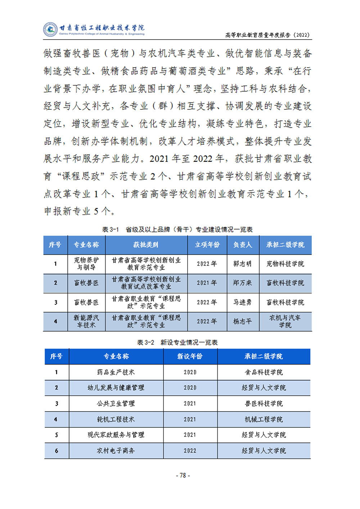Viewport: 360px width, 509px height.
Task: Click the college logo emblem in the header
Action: pos(50,29)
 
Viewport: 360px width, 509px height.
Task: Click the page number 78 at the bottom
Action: pos(183,476)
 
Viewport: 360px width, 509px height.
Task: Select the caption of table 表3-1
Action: pos(177,229)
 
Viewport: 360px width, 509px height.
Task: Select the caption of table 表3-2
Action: pos(177,342)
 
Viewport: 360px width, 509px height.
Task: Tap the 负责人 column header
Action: pos(243,245)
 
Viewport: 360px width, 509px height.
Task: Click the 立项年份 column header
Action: pos(207,245)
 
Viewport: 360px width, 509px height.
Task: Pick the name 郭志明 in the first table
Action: pos(243,264)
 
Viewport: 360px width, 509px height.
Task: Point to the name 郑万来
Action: pos(243,283)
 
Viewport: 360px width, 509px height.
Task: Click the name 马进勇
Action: pos(243,303)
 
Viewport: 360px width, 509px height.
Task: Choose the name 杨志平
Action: pos(243,322)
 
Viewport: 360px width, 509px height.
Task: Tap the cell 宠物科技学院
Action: pos(285,264)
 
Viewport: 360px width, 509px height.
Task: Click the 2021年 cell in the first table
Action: pos(207,283)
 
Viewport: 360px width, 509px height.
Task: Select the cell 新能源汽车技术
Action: pos(86,322)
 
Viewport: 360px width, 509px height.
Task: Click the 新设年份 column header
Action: pos(190,356)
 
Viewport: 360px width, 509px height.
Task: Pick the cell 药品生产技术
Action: pos(116,372)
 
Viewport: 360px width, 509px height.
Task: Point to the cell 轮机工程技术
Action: pos(116,419)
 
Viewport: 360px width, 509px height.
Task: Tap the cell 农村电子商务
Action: pos(116,451)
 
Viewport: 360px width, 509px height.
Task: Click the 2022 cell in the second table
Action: pos(190,451)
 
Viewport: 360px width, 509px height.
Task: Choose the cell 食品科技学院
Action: pos(264,372)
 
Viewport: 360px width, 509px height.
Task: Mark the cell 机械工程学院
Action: pos(264,419)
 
